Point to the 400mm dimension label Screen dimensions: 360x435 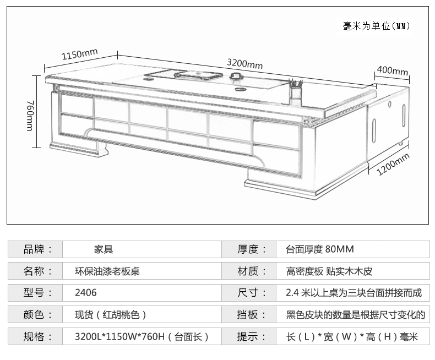click(393, 72)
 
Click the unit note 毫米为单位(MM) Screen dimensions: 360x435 click(377, 26)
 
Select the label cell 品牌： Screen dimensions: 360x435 click(35, 249)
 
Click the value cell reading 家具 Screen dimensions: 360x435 click(104, 249)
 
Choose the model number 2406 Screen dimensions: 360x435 click(86, 293)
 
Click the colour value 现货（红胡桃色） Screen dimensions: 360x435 click(110, 315)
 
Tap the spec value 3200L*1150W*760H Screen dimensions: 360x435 click(140, 337)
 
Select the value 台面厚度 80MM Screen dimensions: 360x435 click(320, 249)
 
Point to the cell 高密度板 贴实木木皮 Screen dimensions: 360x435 click(329, 271)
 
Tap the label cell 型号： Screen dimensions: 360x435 click(35, 293)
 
